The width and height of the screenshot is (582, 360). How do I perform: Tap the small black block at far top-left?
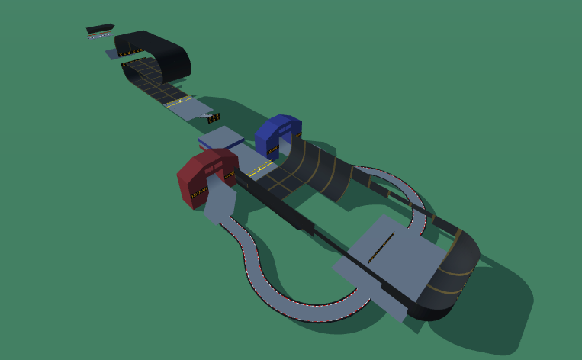click(100, 29)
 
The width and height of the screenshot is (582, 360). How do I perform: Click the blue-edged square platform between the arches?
click(221, 139)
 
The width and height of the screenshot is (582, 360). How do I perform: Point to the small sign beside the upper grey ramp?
click(214, 118)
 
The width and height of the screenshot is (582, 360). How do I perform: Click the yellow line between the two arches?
click(260, 166)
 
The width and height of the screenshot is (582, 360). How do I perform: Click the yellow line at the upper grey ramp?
click(180, 101)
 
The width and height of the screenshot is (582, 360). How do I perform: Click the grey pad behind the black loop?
click(113, 53)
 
